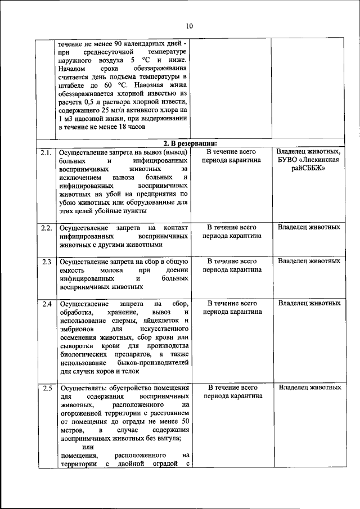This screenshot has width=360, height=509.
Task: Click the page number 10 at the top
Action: click(188, 26)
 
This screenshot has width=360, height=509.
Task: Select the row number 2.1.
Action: click(46, 152)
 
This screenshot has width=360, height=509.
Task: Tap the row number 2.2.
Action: click(46, 228)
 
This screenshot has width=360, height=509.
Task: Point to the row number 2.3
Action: click(46, 262)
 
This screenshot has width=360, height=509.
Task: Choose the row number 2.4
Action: click(46, 304)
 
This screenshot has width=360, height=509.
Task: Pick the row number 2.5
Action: click(46, 388)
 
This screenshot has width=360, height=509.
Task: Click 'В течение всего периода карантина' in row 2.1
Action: click(232, 156)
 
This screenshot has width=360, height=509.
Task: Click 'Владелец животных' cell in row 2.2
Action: click(309, 228)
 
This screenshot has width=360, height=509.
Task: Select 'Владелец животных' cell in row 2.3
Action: click(309, 262)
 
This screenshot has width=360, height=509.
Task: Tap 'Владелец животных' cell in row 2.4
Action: click(309, 304)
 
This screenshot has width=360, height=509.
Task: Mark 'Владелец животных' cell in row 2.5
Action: click(309, 388)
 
